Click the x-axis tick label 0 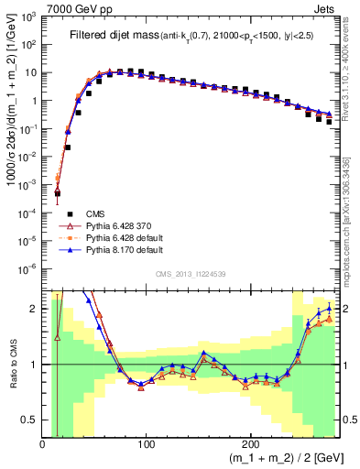click(x=43, y=442)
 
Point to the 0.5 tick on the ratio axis click(x=31, y=420)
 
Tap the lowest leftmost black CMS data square click(x=57, y=193)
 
